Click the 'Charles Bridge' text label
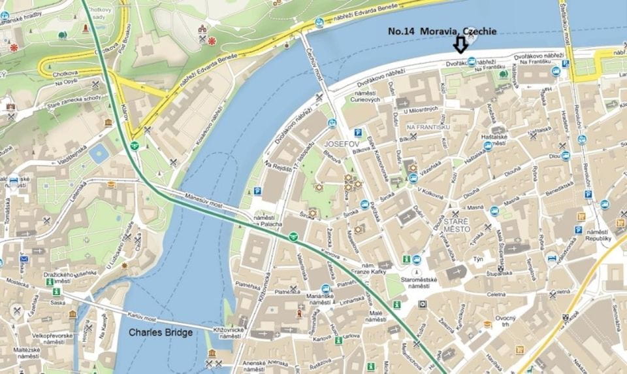160,332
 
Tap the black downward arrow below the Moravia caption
460,44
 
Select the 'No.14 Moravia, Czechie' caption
442,31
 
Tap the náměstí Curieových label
365,97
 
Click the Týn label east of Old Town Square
479,259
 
